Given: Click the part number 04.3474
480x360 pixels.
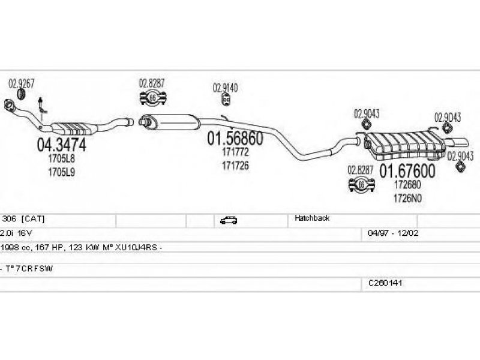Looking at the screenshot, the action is (62, 145).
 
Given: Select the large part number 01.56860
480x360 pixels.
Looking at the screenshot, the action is (235, 139).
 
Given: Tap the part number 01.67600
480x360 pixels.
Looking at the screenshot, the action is (407, 171).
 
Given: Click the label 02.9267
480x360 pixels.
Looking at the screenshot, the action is (22, 83).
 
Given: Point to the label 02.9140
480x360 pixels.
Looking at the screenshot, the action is (226, 88).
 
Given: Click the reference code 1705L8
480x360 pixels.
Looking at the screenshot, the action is (61, 158).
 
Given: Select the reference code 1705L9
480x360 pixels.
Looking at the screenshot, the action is (61, 172).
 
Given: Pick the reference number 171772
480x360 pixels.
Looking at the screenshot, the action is (235, 152).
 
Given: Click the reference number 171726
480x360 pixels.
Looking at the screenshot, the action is (235, 166).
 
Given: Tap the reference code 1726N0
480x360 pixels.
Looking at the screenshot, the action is (407, 199).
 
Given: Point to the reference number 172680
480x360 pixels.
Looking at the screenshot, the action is (407, 185).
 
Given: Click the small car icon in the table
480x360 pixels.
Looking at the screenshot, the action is (229, 220).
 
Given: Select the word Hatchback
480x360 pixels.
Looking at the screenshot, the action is (312, 218).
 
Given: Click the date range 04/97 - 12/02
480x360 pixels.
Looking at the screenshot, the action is (393, 233).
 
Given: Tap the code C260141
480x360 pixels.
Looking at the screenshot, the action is (385, 283).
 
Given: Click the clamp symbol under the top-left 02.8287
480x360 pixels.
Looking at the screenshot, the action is (153, 98).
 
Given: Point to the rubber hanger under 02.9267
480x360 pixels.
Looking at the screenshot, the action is (21, 94).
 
